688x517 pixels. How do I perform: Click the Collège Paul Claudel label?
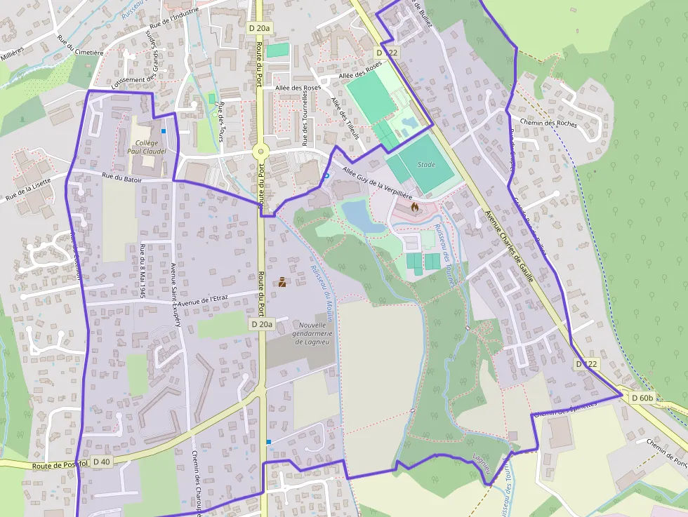147,146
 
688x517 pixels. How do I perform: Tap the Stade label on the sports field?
426,165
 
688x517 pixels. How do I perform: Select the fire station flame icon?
415,207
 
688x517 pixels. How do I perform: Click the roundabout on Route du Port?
260,150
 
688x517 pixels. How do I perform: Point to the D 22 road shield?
387,53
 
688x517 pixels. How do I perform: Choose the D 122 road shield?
587,364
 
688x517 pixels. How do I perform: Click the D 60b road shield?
642,398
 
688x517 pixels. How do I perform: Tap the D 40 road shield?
101,462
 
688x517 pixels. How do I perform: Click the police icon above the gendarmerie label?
282,283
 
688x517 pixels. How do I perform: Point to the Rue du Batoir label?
121,179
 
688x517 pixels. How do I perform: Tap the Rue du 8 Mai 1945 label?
142,271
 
